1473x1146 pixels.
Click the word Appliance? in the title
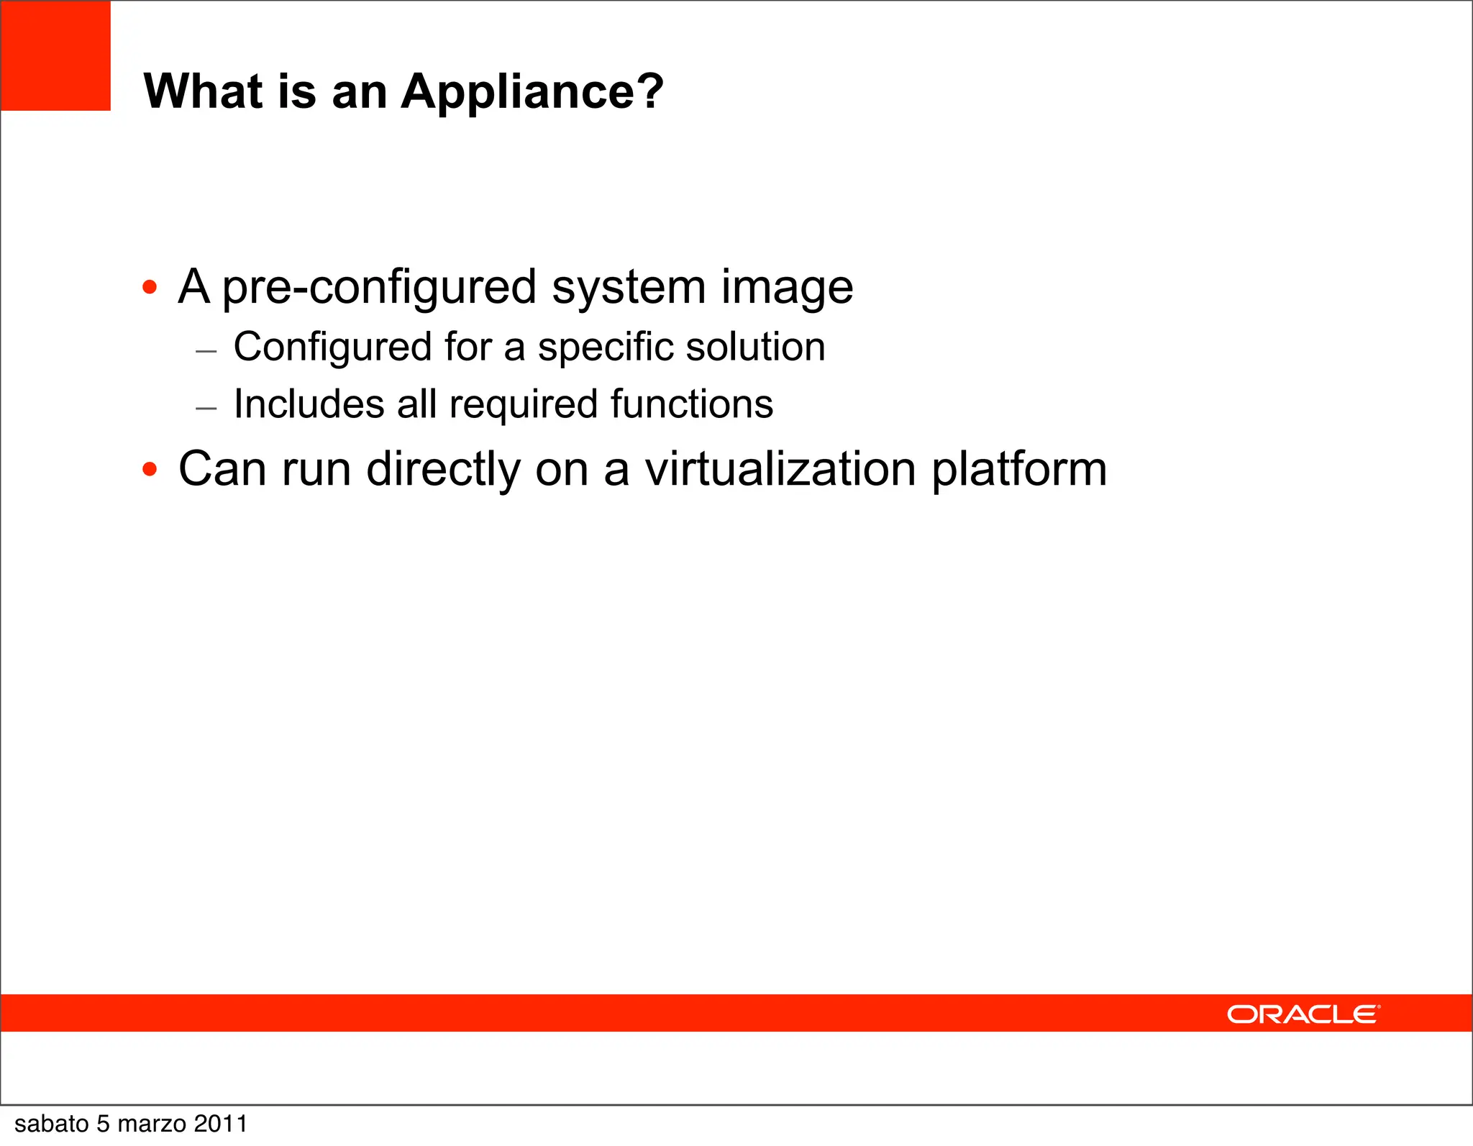tap(532, 92)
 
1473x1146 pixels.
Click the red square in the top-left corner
tap(55, 55)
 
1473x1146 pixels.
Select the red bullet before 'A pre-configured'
tap(150, 288)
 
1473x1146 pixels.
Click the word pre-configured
tap(379, 288)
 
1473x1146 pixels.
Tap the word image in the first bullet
tap(787, 288)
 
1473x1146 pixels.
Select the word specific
tap(605, 347)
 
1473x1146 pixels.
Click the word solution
tap(755, 347)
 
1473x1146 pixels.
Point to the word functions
tap(692, 404)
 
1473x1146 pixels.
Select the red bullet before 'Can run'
tap(150, 470)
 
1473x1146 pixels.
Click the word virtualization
tap(780, 469)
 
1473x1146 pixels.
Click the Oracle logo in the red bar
tap(1303, 1014)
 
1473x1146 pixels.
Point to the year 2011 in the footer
tap(221, 1124)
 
